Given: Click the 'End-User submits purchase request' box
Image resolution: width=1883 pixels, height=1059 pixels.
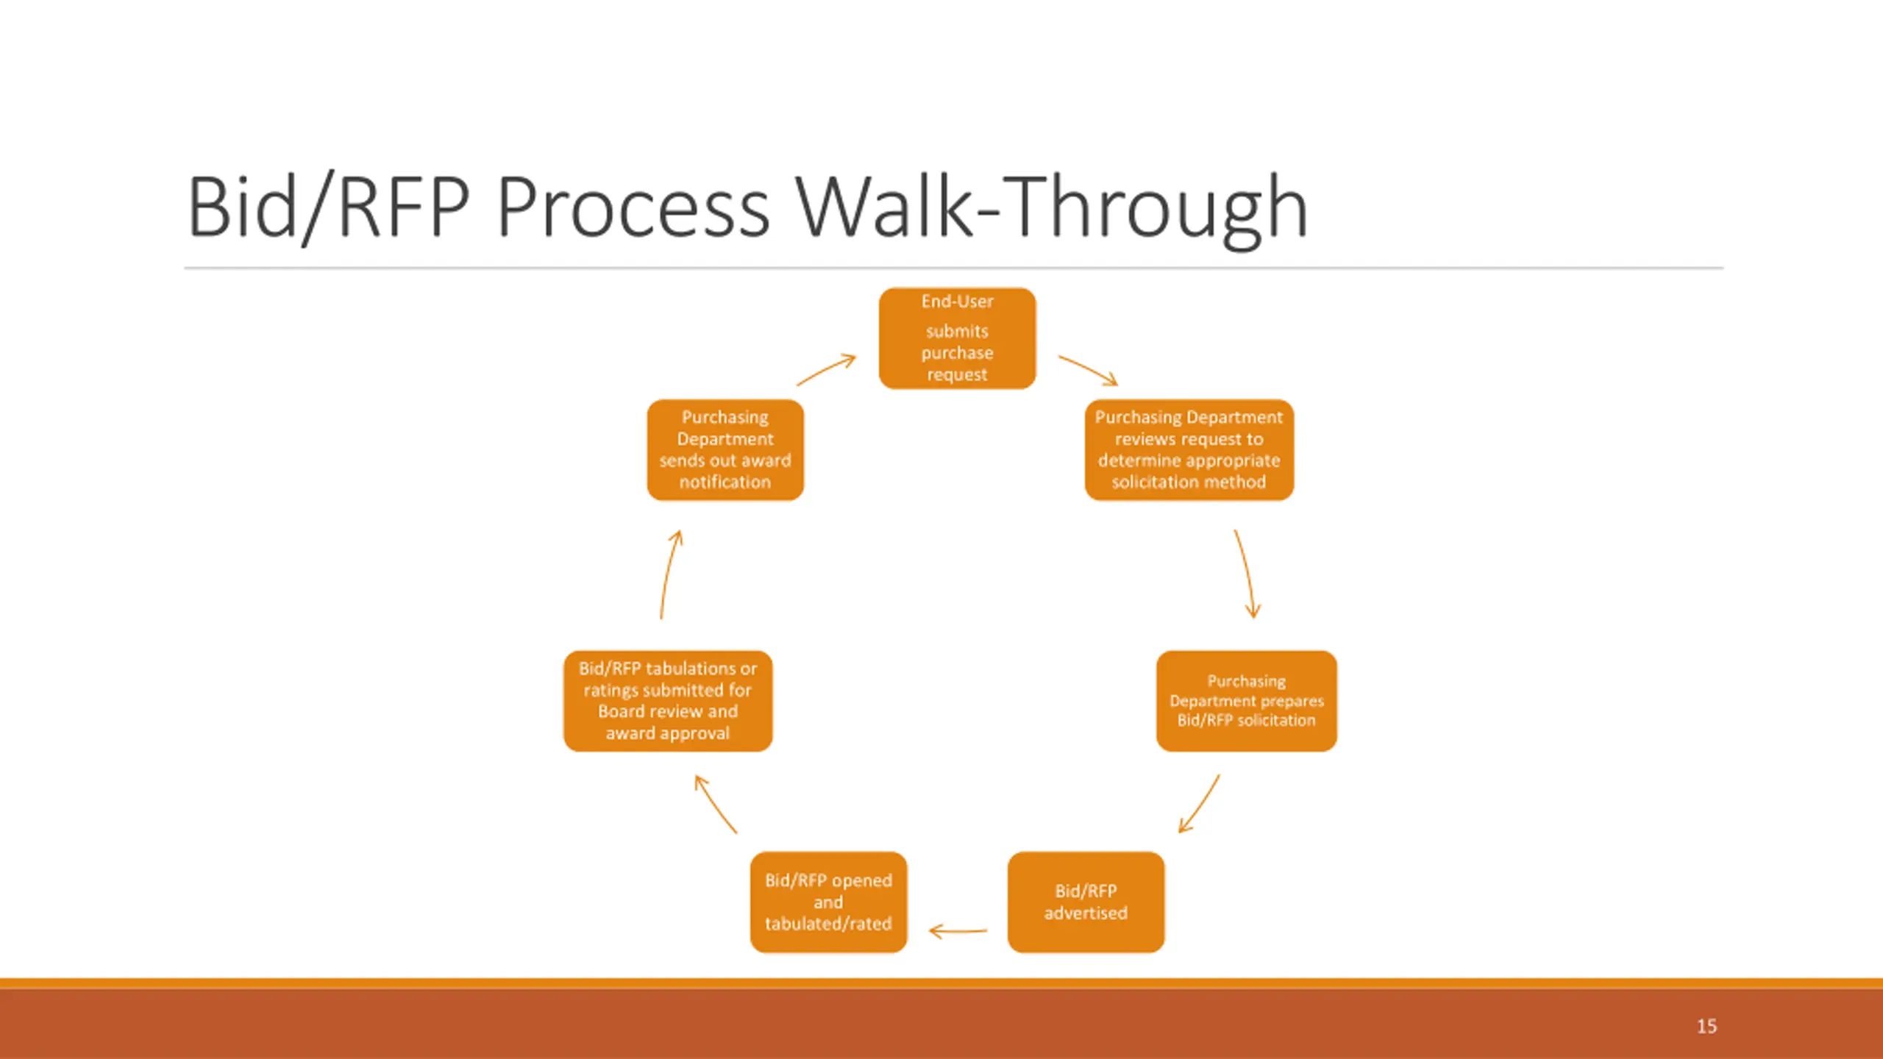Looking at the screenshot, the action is (x=957, y=338).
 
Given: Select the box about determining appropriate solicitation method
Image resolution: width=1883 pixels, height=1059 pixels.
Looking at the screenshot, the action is (x=1189, y=449).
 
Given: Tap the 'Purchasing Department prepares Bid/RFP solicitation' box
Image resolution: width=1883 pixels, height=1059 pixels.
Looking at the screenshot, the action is (x=1246, y=701).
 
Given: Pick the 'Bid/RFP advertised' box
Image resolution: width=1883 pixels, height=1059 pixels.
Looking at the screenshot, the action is (x=1086, y=902).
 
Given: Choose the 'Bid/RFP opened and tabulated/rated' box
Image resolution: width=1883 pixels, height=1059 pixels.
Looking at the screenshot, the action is (x=828, y=902).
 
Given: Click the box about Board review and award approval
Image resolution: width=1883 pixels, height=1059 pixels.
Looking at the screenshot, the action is (x=668, y=701).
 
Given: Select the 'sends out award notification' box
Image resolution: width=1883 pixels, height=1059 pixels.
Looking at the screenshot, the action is (x=725, y=449).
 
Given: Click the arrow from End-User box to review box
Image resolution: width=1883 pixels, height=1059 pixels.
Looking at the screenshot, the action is (x=1089, y=370).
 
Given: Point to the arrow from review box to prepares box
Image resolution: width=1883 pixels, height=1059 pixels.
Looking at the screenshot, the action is (x=1245, y=574).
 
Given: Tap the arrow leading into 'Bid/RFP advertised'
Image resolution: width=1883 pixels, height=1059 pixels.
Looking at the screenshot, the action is (x=1199, y=804).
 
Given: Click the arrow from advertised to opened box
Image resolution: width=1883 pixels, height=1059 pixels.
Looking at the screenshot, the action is (x=958, y=931).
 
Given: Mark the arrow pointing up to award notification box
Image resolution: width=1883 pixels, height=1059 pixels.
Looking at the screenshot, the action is (x=670, y=574).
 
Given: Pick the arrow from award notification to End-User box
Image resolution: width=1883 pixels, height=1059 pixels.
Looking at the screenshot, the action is (x=827, y=370).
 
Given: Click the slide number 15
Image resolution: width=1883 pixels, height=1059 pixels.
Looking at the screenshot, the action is (x=1706, y=1027).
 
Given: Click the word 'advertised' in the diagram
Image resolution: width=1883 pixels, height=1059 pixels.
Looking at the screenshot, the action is (x=1086, y=913).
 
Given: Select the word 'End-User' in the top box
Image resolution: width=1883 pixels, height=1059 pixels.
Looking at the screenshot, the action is (x=957, y=302).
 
